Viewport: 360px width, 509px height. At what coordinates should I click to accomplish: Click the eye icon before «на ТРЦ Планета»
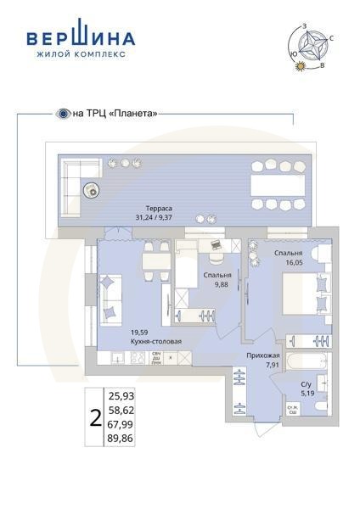[62, 113]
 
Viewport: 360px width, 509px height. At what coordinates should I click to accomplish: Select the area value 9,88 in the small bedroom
[222, 285]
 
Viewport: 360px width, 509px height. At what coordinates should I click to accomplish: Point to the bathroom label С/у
[307, 384]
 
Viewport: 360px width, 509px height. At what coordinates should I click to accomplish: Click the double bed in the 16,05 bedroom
[301, 297]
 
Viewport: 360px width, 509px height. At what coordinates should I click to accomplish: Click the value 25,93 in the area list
[121, 395]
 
